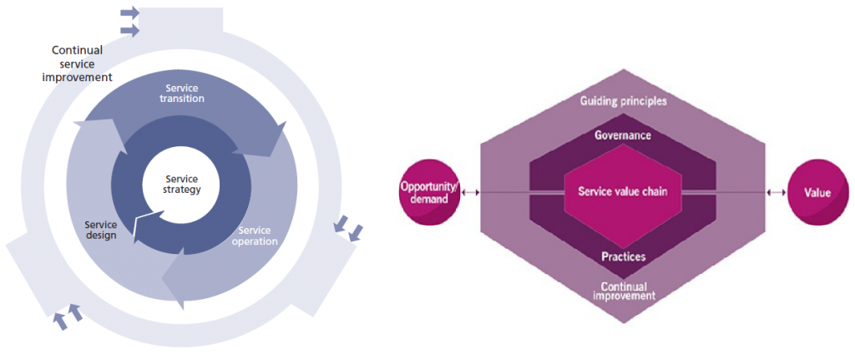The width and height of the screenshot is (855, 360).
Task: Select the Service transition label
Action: pos(185,93)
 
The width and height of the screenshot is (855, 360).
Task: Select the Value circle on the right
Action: pos(817,193)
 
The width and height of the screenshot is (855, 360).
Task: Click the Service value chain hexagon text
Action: pos(623,192)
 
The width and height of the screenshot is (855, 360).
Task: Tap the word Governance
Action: pos(623,134)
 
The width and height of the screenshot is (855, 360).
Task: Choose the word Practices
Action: pos(623,256)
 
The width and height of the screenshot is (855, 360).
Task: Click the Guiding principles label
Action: pos(623,101)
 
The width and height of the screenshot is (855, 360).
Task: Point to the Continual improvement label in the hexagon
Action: pos(623,291)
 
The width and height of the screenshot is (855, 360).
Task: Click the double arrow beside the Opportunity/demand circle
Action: pos(473,193)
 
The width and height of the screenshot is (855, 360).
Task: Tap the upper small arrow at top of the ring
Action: pos(129,13)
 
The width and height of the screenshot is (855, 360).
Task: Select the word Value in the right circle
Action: pos(817,193)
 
